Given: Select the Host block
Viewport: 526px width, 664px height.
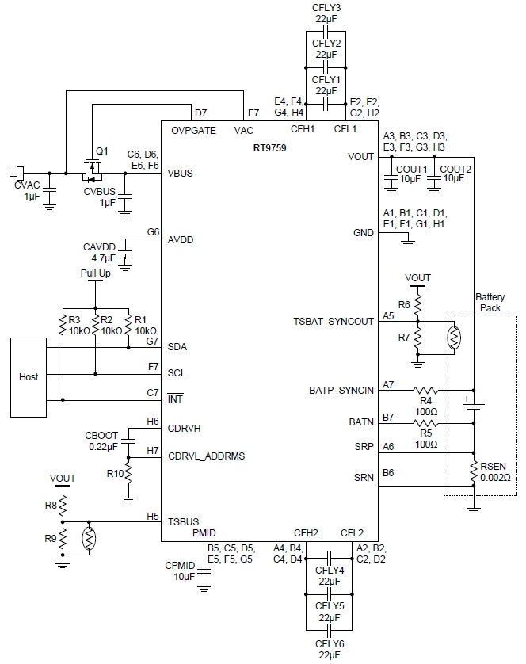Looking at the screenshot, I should (28, 376).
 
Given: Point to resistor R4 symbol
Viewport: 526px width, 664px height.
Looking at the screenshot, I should (426, 390).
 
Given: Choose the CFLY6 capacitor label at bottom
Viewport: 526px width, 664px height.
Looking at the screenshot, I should (329, 644).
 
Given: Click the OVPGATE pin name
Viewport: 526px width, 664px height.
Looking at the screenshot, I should (192, 131).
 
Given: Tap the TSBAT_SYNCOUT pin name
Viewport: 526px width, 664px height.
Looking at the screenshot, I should (334, 321).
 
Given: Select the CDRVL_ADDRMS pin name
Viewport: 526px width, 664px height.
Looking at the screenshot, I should (206, 456).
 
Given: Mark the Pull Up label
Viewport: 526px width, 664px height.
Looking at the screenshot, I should (95, 273).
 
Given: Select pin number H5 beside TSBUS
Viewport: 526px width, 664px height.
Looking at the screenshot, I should (153, 516).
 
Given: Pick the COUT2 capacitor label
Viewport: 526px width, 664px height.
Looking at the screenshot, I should (455, 169).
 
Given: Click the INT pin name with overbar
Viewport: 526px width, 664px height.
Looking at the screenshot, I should (174, 398).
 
